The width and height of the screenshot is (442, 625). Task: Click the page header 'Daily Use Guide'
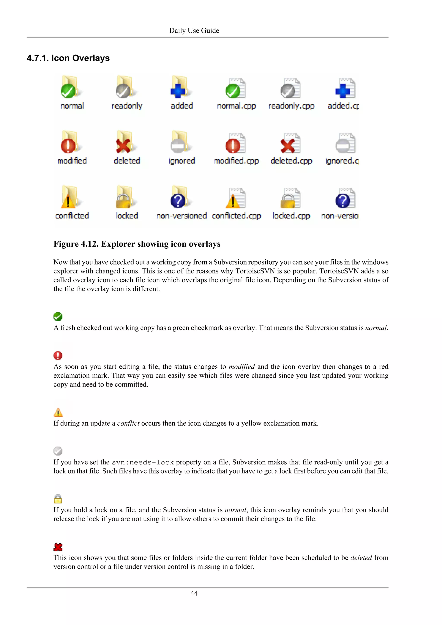(194, 30)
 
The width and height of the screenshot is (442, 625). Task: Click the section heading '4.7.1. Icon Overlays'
(68, 58)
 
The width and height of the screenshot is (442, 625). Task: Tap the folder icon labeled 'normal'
(70, 88)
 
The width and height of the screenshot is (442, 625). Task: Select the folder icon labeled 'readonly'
(125, 88)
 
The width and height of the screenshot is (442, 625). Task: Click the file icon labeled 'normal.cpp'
(236, 88)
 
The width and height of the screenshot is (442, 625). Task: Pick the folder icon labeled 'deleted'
(125, 143)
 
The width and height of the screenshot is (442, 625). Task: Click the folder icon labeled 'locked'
(125, 198)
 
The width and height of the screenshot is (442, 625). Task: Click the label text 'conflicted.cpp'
(236, 216)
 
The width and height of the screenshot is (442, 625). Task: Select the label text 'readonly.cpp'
(291, 106)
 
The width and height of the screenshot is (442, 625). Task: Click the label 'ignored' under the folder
(182, 161)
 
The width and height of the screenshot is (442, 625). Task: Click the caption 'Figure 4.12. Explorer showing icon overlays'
(137, 244)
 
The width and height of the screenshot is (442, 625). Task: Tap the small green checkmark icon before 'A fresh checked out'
(58, 317)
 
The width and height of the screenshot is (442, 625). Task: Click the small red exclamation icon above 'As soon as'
(58, 355)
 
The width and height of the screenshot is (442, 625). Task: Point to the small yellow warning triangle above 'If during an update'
(58, 412)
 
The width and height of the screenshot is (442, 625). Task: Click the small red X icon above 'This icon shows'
(58, 547)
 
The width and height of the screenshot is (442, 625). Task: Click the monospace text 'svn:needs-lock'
(143, 462)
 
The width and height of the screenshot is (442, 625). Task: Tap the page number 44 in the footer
(194, 593)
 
